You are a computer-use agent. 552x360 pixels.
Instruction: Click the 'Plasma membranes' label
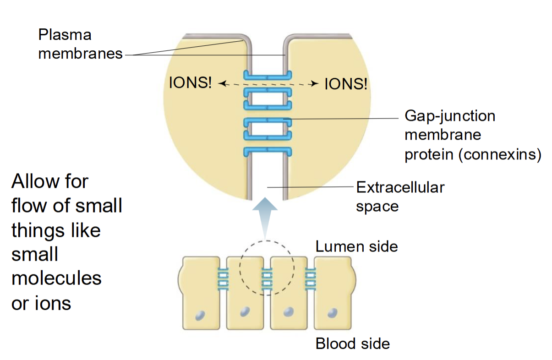81,44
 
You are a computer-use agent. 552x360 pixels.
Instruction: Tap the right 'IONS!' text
346,84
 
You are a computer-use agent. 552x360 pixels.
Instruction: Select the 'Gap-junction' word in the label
449,116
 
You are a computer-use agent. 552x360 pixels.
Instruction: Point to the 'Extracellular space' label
400,197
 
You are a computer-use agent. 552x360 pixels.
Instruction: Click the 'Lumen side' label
356,247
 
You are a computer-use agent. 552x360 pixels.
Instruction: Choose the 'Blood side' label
352,343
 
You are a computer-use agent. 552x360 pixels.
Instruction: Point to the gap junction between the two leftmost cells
222,279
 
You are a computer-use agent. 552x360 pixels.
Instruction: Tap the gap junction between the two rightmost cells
311,279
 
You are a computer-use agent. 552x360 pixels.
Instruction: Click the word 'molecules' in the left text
56,278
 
